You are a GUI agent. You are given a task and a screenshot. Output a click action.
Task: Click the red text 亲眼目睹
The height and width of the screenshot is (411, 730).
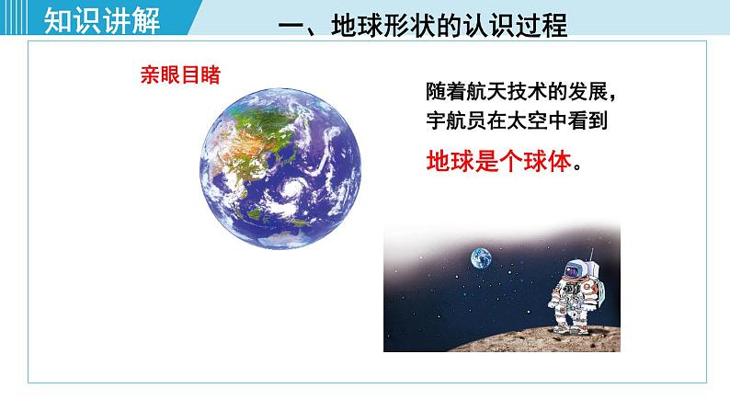180,75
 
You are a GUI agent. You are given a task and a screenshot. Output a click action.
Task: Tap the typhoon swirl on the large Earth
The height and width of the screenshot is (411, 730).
293,188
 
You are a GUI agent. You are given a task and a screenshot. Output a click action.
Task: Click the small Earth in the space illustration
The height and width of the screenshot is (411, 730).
481,258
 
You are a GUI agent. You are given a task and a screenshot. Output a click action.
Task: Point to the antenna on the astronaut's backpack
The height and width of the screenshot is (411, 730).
592,255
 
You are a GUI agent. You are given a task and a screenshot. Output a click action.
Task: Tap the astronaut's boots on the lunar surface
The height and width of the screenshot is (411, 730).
570,328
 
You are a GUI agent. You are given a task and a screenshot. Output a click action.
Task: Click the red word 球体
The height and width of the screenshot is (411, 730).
548,162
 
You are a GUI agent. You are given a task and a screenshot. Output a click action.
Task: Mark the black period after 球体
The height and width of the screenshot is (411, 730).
577,168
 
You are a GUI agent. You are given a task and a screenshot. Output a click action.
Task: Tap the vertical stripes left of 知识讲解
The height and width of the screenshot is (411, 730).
14,17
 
